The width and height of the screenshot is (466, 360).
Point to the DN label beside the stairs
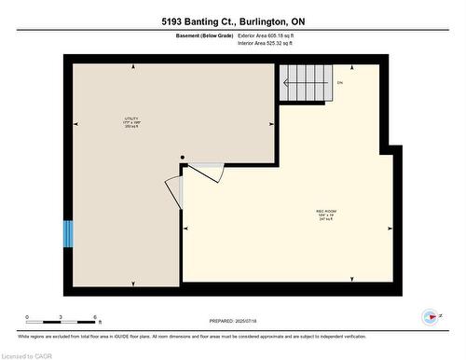[340, 83]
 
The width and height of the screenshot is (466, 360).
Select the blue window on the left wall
[67, 233]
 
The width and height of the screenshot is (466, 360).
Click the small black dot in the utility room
[183, 158]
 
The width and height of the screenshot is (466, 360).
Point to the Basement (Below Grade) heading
[204, 35]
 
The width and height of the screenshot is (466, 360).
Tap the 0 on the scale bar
[27, 317]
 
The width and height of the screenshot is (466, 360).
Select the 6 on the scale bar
[96, 317]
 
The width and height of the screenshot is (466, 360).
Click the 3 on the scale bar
[62, 317]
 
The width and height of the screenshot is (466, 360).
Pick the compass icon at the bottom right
[430, 317]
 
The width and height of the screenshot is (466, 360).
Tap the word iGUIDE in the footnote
[181, 337]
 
